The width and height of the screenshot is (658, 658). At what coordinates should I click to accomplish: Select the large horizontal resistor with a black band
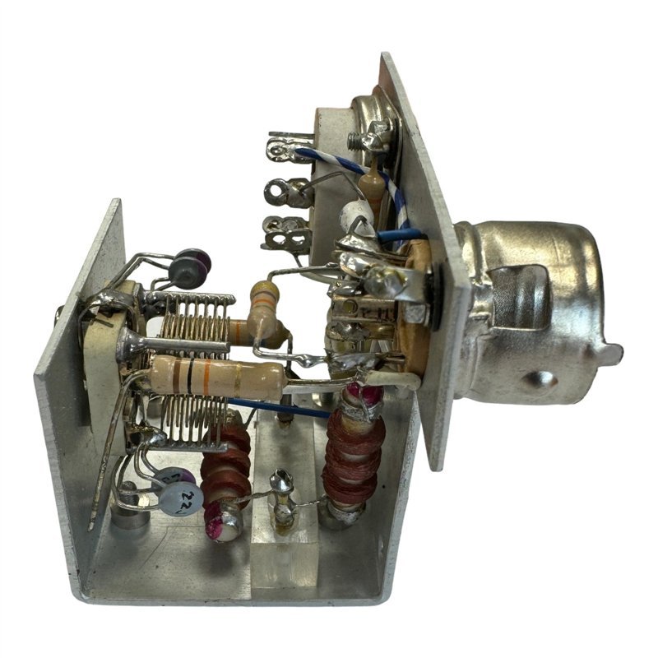click(x=218, y=378)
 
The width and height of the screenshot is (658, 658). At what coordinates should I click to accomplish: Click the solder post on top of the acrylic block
click(x=282, y=489)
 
